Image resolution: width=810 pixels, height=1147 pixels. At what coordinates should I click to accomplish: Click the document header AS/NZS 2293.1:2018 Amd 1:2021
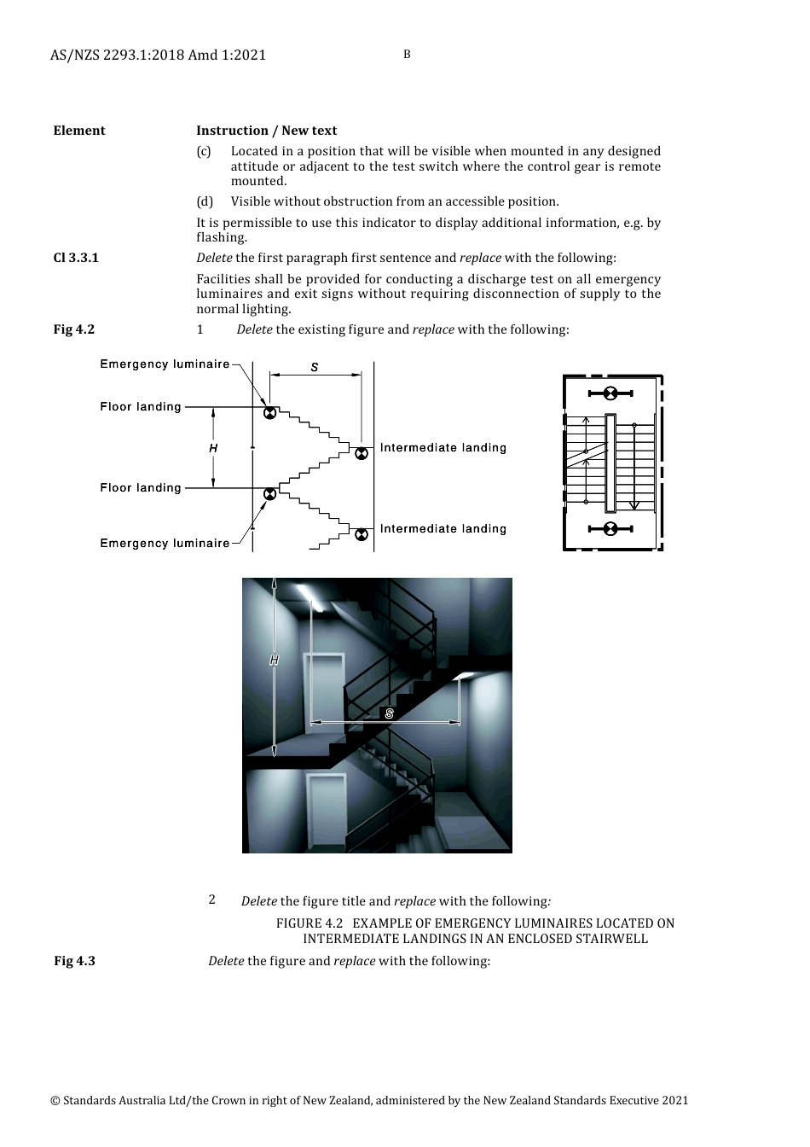[158, 55]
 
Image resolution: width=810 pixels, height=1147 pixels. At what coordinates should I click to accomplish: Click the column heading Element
[79, 131]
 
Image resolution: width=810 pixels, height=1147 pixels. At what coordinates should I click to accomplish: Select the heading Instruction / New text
[266, 131]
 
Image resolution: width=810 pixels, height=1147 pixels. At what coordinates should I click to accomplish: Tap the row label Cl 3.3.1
[76, 258]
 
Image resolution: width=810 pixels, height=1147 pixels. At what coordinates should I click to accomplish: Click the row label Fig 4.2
[74, 329]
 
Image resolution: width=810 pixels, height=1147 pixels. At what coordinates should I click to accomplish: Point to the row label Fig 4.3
[74, 961]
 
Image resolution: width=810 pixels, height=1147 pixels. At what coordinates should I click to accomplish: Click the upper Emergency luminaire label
[165, 364]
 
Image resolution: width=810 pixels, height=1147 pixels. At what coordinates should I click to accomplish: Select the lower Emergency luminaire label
[165, 544]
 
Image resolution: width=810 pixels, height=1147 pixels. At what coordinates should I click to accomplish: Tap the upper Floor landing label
[141, 407]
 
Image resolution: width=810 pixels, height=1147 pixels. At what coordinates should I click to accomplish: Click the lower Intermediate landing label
[443, 529]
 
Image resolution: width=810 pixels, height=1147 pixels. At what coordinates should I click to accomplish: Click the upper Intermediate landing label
[443, 448]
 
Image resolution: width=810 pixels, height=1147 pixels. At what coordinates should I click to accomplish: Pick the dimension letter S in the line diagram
[315, 368]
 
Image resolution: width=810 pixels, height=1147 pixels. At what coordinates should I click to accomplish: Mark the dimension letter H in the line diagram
[213, 448]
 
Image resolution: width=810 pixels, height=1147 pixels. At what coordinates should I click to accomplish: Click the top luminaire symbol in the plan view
[610, 393]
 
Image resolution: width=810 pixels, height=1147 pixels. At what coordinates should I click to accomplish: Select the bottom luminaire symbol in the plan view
[610, 529]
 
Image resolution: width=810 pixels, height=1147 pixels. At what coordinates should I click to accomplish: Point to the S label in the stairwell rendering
[390, 713]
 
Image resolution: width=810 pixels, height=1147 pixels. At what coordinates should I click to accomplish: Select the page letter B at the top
[407, 55]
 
